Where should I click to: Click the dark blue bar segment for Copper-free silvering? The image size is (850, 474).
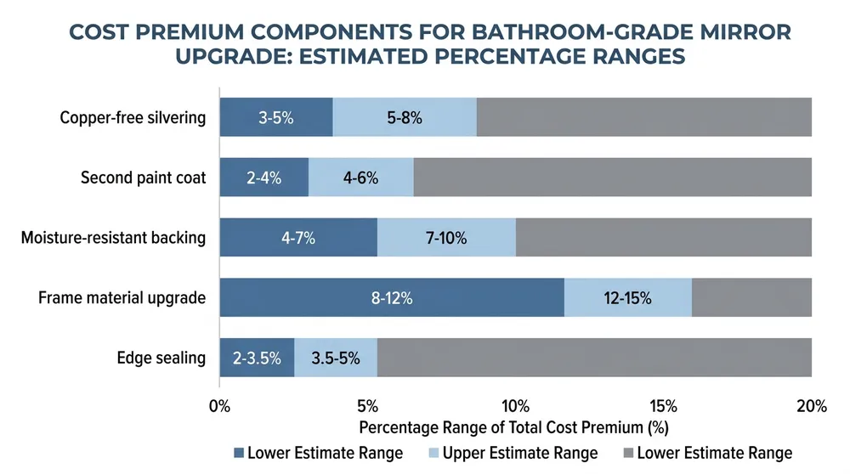pos(276,118)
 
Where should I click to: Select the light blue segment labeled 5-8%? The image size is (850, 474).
pos(405,118)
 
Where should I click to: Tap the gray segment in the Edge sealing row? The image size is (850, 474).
pos(593,358)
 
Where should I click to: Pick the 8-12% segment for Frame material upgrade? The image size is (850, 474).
pos(392,297)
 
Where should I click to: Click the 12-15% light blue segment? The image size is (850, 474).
pos(627,297)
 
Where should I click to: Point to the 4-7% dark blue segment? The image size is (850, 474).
pos(298,238)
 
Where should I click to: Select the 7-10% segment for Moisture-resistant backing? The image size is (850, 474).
pos(446,238)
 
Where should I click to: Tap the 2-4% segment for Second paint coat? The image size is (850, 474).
pos(263,178)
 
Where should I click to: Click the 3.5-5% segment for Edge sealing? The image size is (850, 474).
pos(335,358)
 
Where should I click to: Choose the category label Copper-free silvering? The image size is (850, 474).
pos(133,118)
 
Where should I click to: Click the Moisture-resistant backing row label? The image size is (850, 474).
pos(113,238)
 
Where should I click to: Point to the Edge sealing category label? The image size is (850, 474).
pos(161,358)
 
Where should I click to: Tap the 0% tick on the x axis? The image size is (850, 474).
pos(219,406)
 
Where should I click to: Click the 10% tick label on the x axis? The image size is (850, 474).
pos(516,406)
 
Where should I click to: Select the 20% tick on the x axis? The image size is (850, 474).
pos(811,406)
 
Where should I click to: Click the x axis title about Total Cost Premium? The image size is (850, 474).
pos(515,427)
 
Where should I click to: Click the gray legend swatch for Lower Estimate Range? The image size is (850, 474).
pos(627,453)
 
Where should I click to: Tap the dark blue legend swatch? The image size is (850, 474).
pos(239,453)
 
